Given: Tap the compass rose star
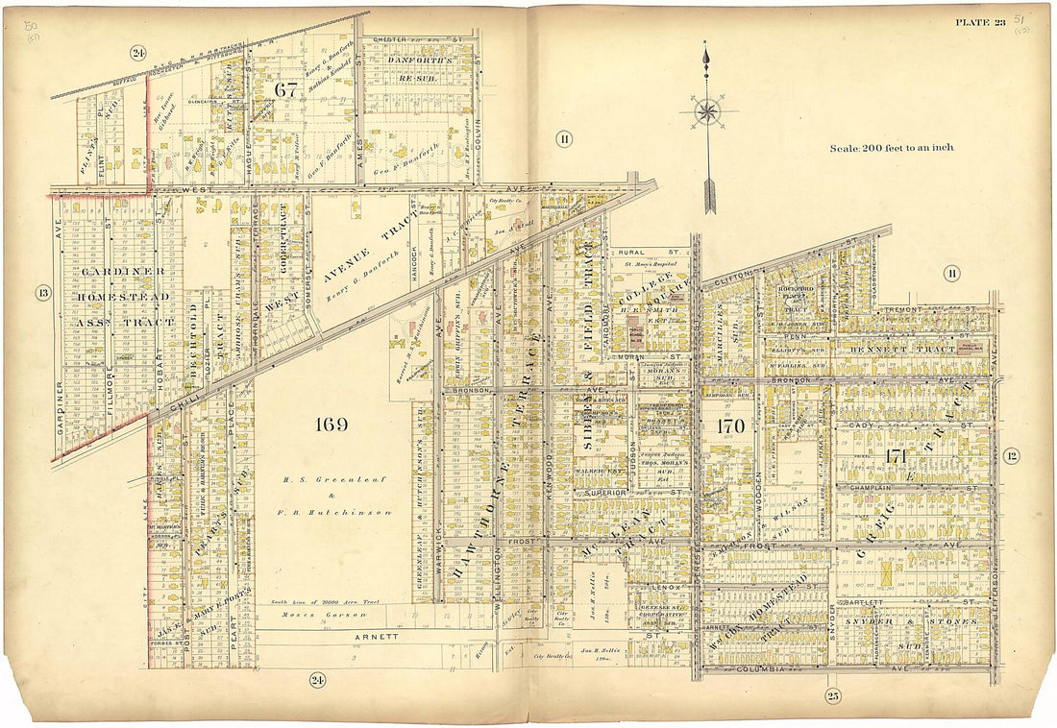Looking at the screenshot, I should [x=707, y=111].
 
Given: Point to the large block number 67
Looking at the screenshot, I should [x=285, y=89].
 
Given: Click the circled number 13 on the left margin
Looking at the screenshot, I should [x=42, y=293].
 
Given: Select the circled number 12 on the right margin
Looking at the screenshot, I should [x=1011, y=455].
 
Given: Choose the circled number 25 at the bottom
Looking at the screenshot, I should [x=833, y=695].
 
